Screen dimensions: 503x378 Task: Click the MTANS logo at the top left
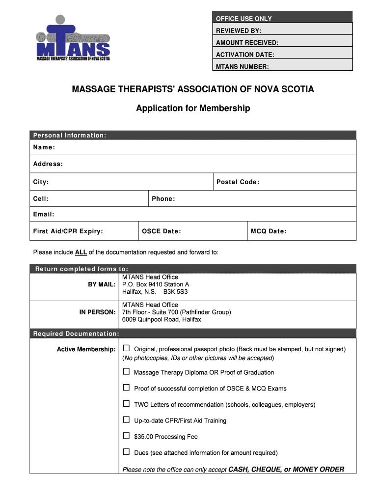click(x=73, y=38)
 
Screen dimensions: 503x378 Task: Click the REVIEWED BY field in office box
click(x=282, y=31)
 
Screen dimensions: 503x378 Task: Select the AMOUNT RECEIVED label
click(x=247, y=43)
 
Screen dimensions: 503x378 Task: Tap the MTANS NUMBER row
click(x=282, y=66)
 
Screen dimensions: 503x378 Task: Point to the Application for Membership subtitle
click(x=193, y=108)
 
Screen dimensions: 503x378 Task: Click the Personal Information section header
click(x=70, y=135)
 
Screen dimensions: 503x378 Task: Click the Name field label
click(x=44, y=147)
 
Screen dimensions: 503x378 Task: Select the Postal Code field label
click(x=238, y=182)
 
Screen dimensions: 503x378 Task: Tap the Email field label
click(x=44, y=214)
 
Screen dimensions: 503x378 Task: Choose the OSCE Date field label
click(x=161, y=231)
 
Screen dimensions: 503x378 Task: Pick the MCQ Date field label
click(x=269, y=231)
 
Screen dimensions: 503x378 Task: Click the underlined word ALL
click(x=81, y=252)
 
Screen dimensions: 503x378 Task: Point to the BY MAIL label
click(x=102, y=284)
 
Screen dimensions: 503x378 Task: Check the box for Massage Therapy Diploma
click(x=127, y=372)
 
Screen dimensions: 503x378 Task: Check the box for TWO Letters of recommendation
click(x=127, y=404)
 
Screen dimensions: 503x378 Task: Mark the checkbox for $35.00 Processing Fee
click(x=127, y=436)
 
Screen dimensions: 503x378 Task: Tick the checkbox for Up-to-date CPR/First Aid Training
click(x=127, y=420)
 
